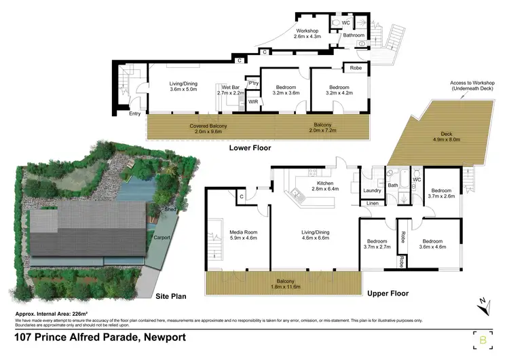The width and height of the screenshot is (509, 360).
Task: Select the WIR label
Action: pos(252,101)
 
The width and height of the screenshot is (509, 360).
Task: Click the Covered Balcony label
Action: pos(209,126)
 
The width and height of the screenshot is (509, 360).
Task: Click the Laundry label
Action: pos(371,191)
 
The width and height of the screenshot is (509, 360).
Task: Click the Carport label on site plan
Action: pos(160,237)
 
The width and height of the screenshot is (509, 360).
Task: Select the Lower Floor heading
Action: pos(250,147)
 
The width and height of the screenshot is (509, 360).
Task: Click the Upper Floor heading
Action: pos(386,294)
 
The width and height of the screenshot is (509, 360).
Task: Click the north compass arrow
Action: pos(483,306)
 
